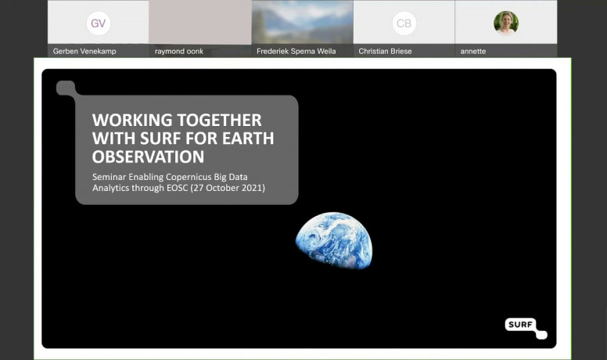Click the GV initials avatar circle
[99, 23]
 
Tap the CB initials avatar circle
[404, 23]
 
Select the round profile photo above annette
[506, 23]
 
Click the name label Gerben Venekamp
[84, 51]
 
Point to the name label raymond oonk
[179, 51]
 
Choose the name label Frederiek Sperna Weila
[296, 51]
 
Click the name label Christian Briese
[385, 51]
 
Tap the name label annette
[473, 51]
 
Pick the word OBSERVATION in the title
[149, 157]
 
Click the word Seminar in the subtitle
[109, 177]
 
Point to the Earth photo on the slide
[334, 240]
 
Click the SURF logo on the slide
[526, 328]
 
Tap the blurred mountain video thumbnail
[303, 22]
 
